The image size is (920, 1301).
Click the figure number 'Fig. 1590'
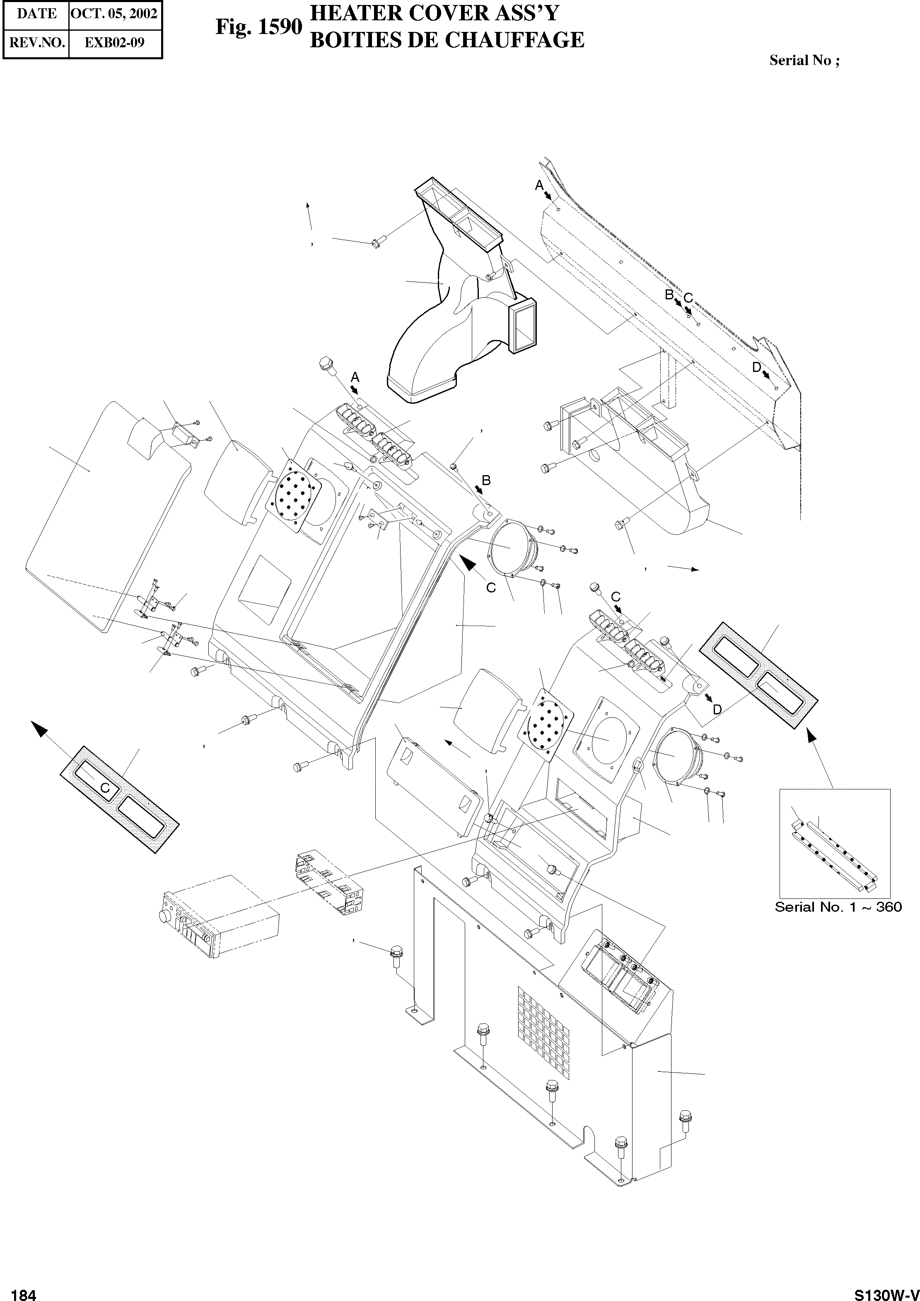[x=258, y=27]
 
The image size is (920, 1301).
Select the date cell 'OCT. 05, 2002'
[x=114, y=14]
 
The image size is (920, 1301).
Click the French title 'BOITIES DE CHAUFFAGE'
[x=447, y=40]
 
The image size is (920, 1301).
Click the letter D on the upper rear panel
[x=756, y=367]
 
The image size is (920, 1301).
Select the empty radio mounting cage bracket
[x=327, y=884]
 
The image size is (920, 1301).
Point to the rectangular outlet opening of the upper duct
[x=524, y=328]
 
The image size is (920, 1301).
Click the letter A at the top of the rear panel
[x=539, y=185]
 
